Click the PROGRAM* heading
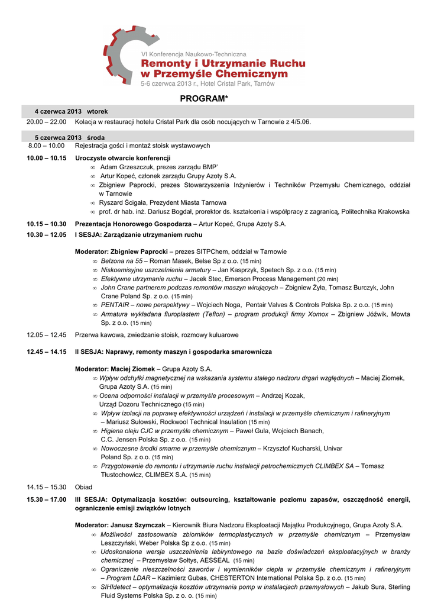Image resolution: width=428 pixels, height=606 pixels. [204, 98]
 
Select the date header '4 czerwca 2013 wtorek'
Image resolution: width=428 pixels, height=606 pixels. [71, 111]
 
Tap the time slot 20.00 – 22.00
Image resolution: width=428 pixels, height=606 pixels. [46, 122]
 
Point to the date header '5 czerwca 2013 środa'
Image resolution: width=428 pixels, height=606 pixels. [70, 137]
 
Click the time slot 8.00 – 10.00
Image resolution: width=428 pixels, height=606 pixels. [46, 146]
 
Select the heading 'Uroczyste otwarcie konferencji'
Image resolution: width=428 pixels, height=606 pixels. [122, 158]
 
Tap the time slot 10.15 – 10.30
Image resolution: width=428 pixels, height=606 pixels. [46, 224]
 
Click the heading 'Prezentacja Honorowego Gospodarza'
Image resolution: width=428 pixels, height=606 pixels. [133, 224]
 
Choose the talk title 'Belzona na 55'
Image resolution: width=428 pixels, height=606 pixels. [122, 261]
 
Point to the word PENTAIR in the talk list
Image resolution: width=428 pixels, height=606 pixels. [115, 305]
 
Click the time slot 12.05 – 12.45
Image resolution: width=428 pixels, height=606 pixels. [46, 335]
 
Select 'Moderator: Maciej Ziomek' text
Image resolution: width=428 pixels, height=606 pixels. [115, 369]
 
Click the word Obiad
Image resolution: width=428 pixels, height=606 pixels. [83, 487]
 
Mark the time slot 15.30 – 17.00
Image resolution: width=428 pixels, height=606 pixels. [46, 500]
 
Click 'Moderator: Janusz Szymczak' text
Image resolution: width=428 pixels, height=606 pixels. [120, 525]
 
